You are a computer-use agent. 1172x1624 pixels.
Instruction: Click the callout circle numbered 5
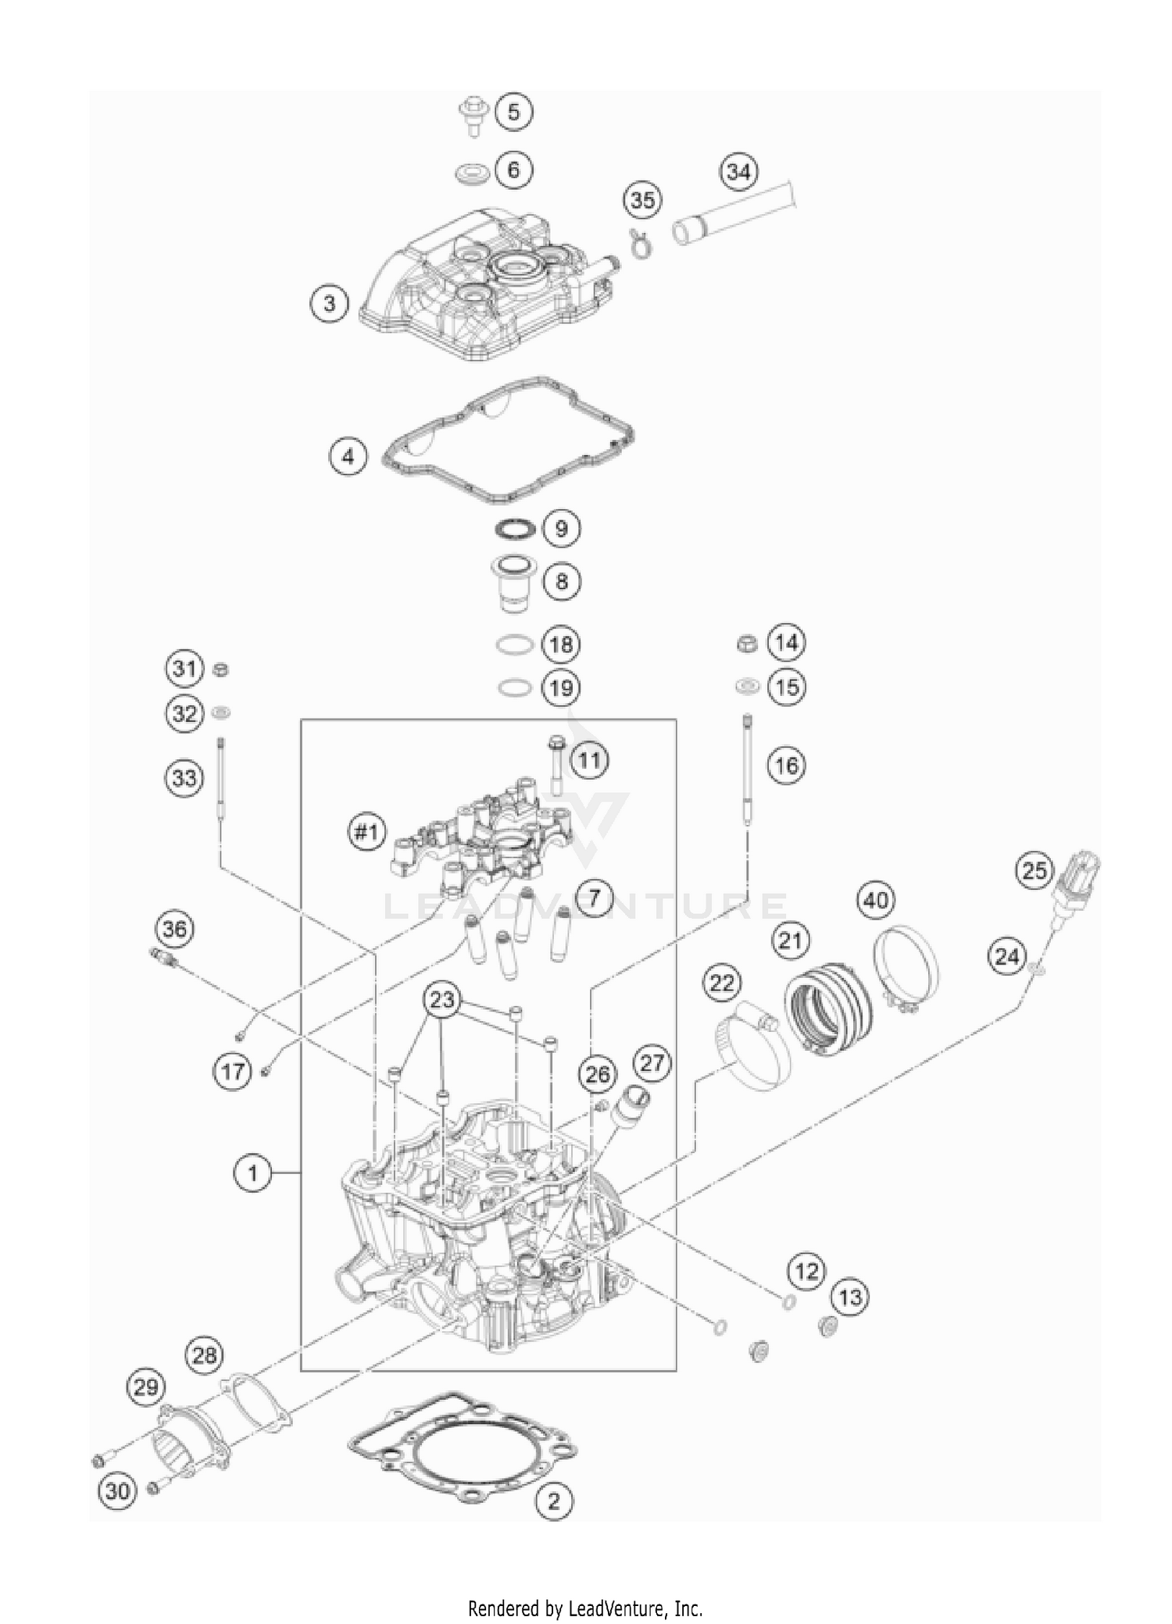pos(513,112)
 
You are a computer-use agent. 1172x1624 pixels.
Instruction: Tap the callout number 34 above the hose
pos(738,172)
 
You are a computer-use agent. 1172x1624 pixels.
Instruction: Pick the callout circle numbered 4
pos(348,456)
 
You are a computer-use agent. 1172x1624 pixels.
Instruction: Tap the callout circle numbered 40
pos(875,901)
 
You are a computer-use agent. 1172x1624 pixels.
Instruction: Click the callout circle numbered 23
pos(441,1000)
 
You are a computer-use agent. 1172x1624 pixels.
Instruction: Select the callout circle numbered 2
pos(554,1501)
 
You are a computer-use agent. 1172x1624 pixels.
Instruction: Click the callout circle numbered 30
pos(117,1490)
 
